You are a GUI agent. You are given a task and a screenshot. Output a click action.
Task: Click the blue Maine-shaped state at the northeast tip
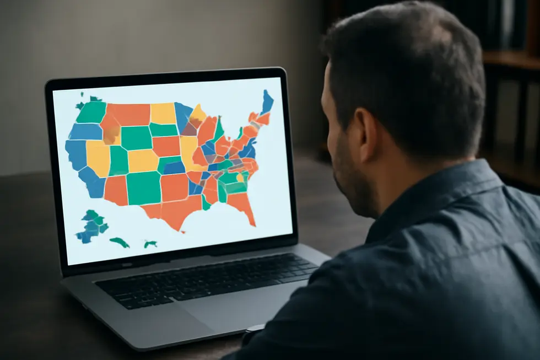tap(267, 102)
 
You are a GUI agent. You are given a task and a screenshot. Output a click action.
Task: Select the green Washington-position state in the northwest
tap(91, 112)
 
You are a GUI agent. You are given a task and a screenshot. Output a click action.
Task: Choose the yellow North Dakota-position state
tap(163, 113)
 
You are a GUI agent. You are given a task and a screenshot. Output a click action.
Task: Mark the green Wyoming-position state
tap(136, 138)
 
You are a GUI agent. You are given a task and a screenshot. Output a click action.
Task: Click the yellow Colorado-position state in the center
tap(143, 160)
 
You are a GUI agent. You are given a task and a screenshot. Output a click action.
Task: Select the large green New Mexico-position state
tap(143, 187)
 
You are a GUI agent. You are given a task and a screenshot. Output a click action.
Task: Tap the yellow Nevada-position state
tap(98, 157)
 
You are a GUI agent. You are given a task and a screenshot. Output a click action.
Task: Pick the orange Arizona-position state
tap(116, 190)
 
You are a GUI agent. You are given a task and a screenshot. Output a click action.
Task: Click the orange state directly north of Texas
tap(175, 187)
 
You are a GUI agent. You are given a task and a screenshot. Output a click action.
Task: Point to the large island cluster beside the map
tap(91, 226)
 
